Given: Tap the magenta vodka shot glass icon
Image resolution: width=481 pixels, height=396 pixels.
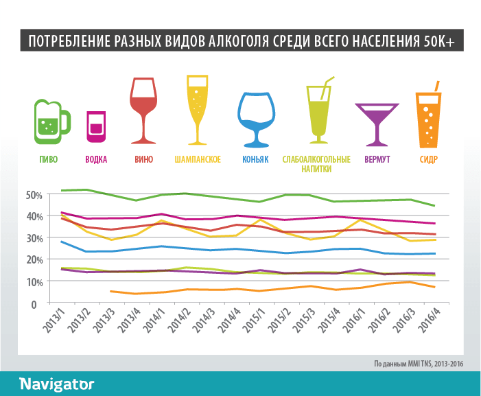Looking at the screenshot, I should [x=96, y=127].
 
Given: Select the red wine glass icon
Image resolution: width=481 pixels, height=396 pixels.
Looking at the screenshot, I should [x=144, y=110].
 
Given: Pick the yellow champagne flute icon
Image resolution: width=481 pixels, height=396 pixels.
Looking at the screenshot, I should [x=198, y=108].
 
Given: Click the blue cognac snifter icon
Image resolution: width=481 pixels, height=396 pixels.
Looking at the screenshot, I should [x=255, y=117].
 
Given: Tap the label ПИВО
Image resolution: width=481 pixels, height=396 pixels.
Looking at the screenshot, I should [x=49, y=159].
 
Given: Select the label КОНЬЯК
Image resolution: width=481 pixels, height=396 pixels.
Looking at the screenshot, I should [x=255, y=159].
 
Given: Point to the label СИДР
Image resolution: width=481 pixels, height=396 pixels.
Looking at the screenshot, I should [x=429, y=159].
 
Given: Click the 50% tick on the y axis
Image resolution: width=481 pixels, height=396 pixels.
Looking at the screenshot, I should [x=34, y=195].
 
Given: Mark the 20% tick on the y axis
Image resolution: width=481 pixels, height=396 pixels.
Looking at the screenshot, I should [x=34, y=259].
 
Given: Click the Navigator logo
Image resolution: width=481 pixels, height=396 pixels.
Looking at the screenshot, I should [x=57, y=383].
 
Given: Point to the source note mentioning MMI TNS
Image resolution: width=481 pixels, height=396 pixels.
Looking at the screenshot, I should [x=419, y=364].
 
